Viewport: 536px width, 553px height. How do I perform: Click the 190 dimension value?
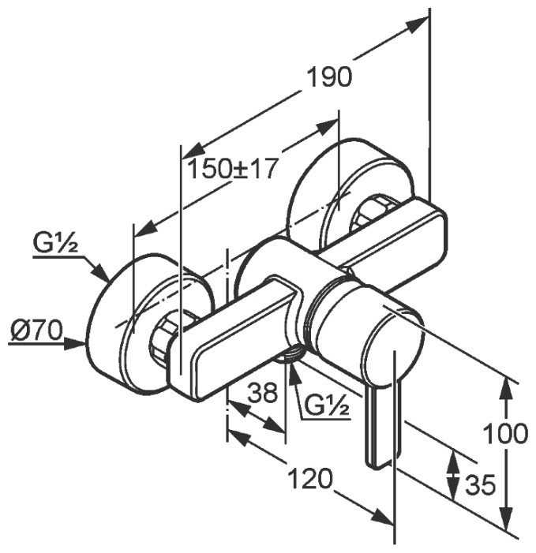coord(330,77)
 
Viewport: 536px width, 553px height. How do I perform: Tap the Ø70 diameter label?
coord(36,331)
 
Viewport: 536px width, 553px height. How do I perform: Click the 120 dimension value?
coord(310,479)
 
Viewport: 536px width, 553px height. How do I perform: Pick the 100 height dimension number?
coord(505,433)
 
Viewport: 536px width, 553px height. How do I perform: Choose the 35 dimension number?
coord(481,485)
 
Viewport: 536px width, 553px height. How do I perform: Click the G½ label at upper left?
coord(55,243)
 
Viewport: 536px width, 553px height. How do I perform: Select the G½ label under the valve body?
coord(326,405)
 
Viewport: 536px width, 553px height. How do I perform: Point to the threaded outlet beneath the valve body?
coord(289,354)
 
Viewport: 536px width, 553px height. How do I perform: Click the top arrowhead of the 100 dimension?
coord(507,390)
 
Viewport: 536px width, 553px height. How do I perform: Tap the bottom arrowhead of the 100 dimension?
coord(507,517)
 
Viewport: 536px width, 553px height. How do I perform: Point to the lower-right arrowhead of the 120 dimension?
coord(382,518)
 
